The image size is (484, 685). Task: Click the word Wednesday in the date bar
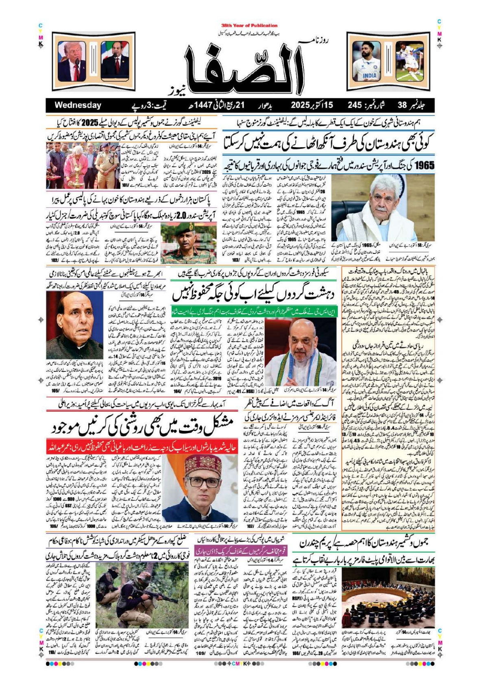coord(78,105)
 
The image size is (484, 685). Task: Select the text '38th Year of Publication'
coord(249,25)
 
